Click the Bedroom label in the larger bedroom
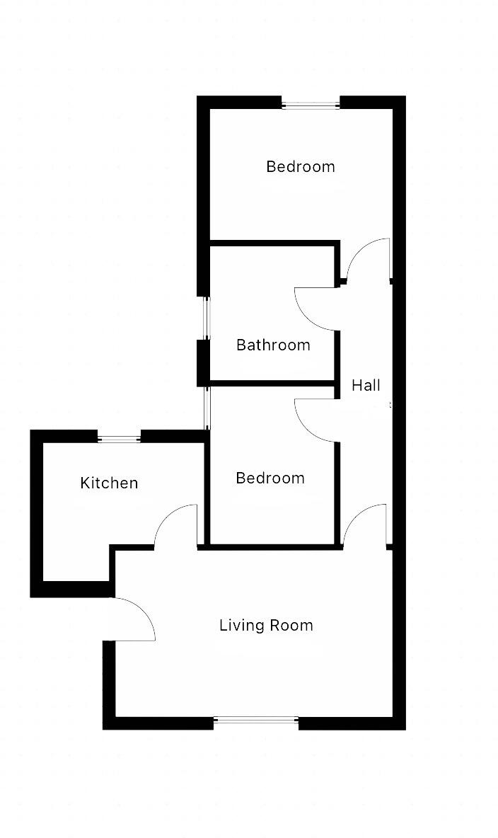(x=300, y=167)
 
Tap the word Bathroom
(x=273, y=345)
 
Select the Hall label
(x=366, y=386)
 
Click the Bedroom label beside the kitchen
(x=270, y=478)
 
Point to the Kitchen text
(x=109, y=483)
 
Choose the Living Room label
(x=266, y=626)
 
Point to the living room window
(x=256, y=721)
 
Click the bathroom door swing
(x=315, y=309)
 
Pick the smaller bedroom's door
(x=315, y=420)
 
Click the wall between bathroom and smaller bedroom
(x=272, y=384)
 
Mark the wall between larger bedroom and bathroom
(x=272, y=243)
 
